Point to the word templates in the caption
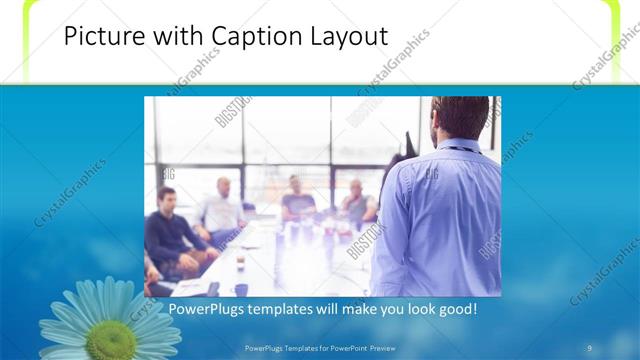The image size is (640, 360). pos(289,309)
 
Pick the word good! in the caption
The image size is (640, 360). pos(455,309)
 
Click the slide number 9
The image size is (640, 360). pos(590,348)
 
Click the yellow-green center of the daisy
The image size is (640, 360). pos(109,339)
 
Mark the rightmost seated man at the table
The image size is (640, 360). pos(357,204)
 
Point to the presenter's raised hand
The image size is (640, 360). pos(406,143)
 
